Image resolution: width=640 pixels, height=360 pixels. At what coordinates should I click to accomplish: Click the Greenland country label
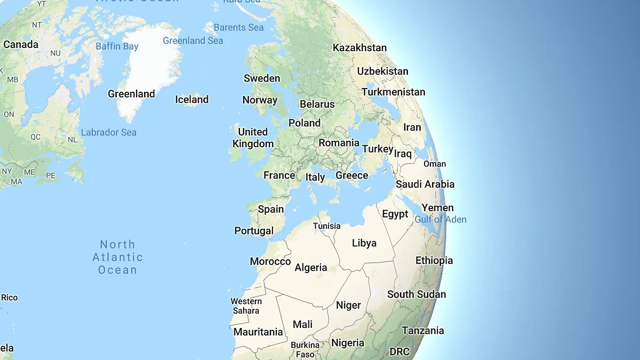pyautogui.click(x=131, y=94)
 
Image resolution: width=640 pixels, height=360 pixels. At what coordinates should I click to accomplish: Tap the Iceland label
pyautogui.click(x=191, y=99)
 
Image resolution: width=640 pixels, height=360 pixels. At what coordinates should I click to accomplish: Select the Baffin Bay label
pyautogui.click(x=117, y=46)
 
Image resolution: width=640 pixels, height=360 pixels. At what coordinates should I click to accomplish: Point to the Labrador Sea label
pyautogui.click(x=109, y=132)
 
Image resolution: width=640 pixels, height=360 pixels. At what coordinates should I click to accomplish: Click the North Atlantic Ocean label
pyautogui.click(x=117, y=257)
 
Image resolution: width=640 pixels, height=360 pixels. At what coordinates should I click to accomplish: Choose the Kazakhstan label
pyautogui.click(x=359, y=47)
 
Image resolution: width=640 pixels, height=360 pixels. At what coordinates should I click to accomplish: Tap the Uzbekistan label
pyautogui.click(x=382, y=71)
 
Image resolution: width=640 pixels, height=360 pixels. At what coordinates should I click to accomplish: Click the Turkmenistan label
pyautogui.click(x=393, y=92)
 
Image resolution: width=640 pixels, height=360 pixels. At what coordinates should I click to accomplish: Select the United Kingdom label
pyautogui.click(x=253, y=138)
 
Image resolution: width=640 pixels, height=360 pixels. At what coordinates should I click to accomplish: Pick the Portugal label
pyautogui.click(x=254, y=231)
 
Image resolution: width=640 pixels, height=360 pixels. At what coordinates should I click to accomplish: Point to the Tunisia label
pyautogui.click(x=326, y=226)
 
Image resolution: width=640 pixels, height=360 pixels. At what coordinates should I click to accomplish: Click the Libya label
pyautogui.click(x=364, y=243)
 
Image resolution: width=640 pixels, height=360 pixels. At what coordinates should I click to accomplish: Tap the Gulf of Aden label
pyautogui.click(x=441, y=219)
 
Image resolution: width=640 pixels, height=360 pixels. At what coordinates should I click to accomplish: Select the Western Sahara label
pyautogui.click(x=246, y=306)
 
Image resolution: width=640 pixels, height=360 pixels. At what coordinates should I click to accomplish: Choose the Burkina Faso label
pyautogui.click(x=305, y=349)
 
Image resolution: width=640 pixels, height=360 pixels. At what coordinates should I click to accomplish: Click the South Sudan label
pyautogui.click(x=417, y=294)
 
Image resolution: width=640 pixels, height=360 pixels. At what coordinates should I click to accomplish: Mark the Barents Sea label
pyautogui.click(x=238, y=27)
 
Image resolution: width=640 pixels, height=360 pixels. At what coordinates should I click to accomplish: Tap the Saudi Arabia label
pyautogui.click(x=425, y=184)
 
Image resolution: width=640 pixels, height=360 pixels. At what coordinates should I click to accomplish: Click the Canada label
pyautogui.click(x=21, y=44)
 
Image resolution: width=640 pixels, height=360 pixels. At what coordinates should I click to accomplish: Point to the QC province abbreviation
pyautogui.click(x=35, y=137)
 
